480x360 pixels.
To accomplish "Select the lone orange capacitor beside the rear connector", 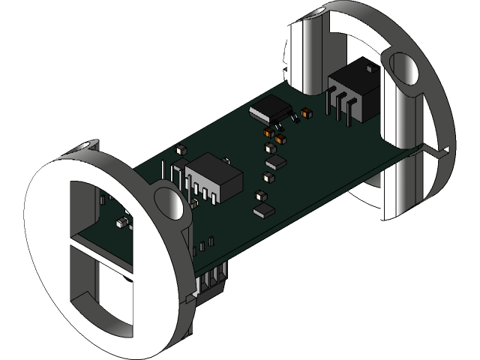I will [305, 114].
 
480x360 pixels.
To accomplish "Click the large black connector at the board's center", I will [215, 175].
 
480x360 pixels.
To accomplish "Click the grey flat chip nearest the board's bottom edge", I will [265, 210].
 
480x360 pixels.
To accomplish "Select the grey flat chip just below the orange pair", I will [276, 161].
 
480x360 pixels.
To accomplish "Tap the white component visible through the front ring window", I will [121, 223].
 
